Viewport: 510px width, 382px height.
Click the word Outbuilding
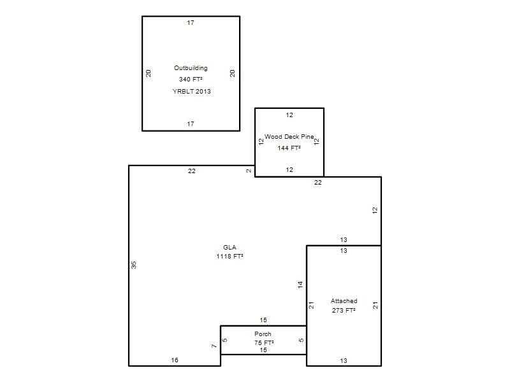click(x=191, y=68)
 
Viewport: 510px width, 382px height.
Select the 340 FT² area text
click(x=191, y=79)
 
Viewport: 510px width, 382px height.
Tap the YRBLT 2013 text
click(x=192, y=91)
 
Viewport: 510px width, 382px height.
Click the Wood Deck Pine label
click(x=289, y=137)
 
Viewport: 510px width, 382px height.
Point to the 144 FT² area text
click(x=289, y=148)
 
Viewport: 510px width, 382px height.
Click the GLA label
click(x=229, y=247)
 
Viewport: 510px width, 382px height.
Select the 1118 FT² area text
click(x=229, y=257)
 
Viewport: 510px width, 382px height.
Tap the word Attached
click(x=344, y=301)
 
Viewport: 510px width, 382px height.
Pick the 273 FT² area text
click(x=344, y=310)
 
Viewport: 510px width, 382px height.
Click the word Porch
click(x=263, y=334)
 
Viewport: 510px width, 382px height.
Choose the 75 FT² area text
click(x=264, y=343)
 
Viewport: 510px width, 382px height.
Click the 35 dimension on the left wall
click(x=134, y=265)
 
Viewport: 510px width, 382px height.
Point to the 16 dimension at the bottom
click(x=175, y=360)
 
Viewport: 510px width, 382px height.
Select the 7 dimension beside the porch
click(x=214, y=346)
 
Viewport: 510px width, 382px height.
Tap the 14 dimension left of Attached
click(x=300, y=285)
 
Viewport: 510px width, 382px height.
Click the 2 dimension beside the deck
click(x=249, y=171)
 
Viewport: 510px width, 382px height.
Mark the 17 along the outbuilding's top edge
click(x=191, y=23)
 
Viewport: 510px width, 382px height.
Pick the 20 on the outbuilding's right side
click(x=232, y=73)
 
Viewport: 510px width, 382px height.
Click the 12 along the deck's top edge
click(x=289, y=115)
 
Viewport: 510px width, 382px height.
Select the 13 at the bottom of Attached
click(x=344, y=360)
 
